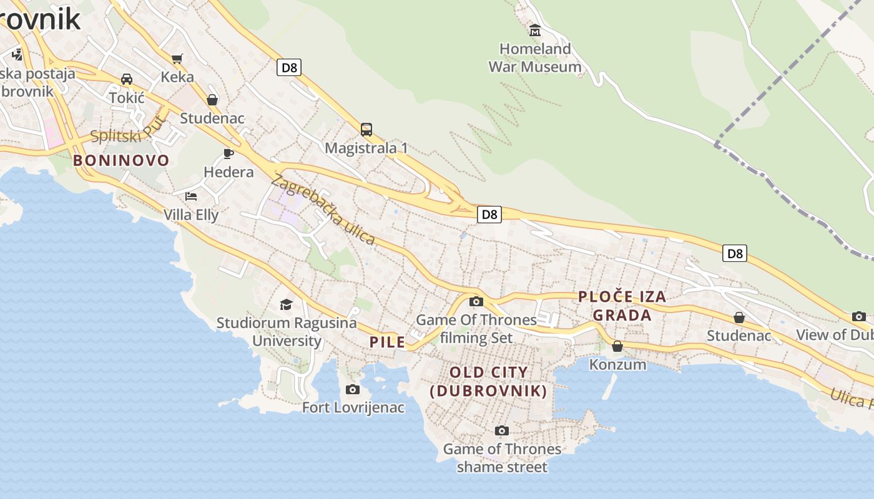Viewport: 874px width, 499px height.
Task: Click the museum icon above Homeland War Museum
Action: coord(535,30)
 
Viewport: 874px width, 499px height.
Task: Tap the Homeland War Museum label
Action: coord(535,57)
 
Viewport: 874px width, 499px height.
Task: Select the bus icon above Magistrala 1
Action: coord(366,130)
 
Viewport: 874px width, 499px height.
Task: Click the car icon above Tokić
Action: coord(127,79)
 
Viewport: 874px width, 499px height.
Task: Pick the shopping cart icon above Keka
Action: coord(177,59)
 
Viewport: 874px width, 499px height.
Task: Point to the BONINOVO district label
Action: coord(121,160)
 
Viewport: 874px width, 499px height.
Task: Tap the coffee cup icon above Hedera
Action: coord(228,153)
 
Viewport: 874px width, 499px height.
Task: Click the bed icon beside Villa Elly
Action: coord(191,196)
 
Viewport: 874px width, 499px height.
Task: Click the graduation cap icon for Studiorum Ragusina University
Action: coord(286,304)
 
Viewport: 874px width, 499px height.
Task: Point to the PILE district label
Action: coord(387,342)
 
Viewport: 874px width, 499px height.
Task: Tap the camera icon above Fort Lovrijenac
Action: coord(353,390)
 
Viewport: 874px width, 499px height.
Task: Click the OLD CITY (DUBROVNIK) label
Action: coord(489,382)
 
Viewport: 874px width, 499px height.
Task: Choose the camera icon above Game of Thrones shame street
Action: coord(501,431)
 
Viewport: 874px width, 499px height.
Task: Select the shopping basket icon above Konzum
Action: coord(617,346)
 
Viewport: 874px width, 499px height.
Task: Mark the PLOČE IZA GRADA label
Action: coord(622,306)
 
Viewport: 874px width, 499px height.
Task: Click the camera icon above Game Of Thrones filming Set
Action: coord(476,302)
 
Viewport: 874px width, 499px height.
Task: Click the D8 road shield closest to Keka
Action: coord(289,67)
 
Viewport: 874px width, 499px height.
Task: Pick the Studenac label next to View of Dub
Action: coord(739,336)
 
